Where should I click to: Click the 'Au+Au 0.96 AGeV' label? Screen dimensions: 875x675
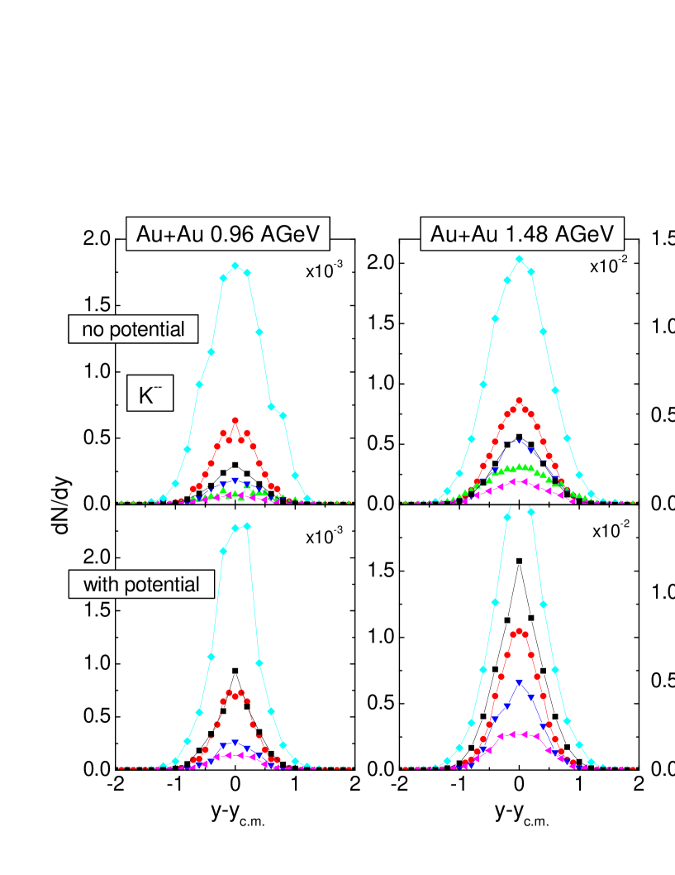228,235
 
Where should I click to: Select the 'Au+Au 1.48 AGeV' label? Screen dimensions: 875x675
522,235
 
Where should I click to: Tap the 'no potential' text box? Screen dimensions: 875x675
133,329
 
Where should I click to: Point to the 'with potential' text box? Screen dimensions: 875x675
141,585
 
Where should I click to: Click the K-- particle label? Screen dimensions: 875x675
150,394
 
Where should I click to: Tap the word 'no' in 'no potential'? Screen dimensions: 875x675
92,329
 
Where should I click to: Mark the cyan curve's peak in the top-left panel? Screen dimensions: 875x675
235,265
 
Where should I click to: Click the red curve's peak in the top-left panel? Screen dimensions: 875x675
235,420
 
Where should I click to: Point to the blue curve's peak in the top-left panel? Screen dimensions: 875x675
235,481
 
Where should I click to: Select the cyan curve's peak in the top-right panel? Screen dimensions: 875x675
519,259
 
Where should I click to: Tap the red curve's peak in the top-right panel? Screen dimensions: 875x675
520,401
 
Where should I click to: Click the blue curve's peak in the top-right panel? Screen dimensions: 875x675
519,440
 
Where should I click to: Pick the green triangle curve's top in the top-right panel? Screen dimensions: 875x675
520,466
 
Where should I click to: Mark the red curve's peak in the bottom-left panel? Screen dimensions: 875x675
235,692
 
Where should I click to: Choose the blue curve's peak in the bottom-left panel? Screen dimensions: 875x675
235,742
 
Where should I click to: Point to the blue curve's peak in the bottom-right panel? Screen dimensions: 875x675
519,682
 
